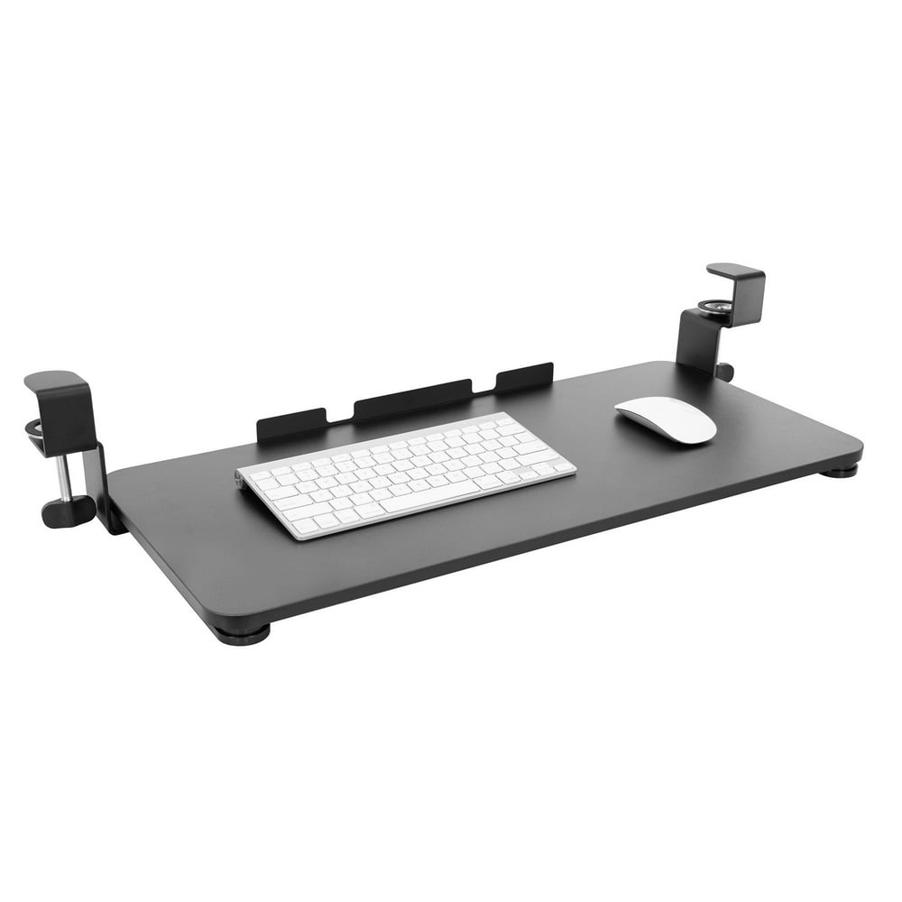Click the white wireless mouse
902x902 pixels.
click(666, 419)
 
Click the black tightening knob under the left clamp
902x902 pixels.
click(68, 511)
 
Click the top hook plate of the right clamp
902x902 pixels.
click(735, 270)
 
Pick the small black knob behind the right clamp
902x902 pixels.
click(724, 370)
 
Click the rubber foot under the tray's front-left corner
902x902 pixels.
click(241, 634)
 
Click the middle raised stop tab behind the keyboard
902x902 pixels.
click(412, 400)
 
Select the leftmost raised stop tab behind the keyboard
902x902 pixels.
click(291, 424)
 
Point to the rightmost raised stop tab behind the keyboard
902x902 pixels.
click(523, 377)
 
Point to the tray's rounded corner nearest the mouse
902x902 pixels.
click(852, 446)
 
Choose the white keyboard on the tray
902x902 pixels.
click(406, 474)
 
